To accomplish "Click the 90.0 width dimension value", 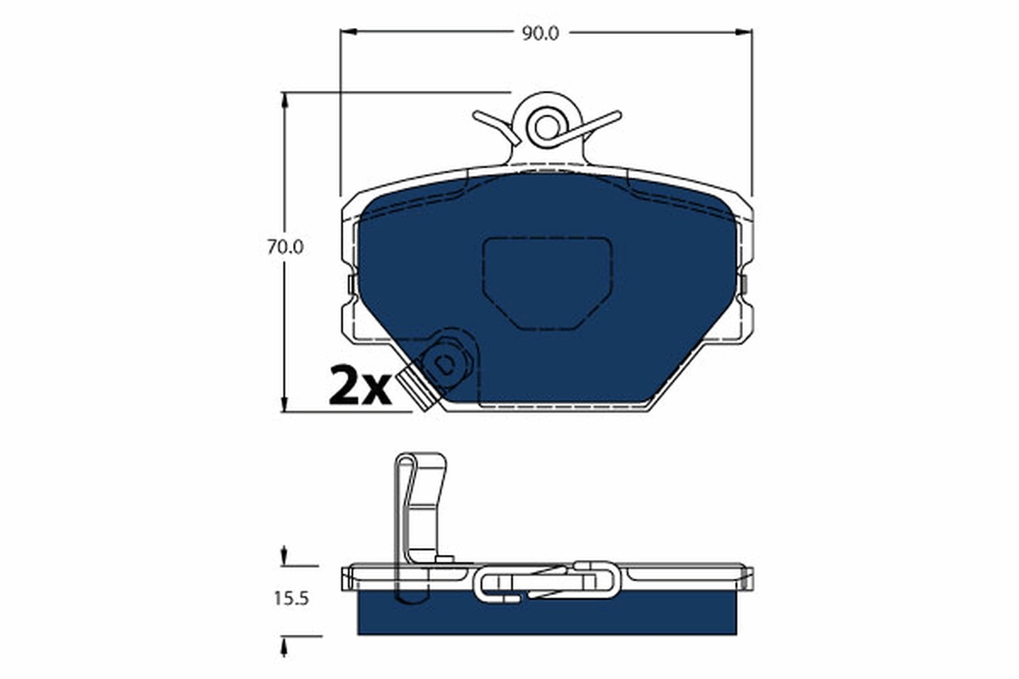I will point(540,32).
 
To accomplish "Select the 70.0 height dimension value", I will point(285,248).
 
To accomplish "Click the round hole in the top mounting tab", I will point(545,126).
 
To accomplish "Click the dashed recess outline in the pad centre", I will point(547,280).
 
